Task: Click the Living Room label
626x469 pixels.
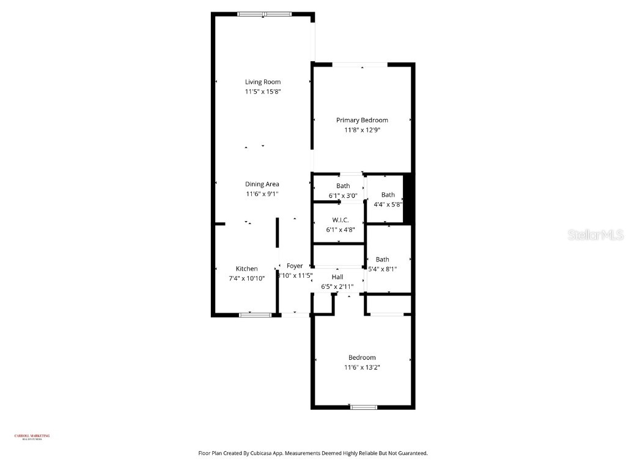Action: [263, 82]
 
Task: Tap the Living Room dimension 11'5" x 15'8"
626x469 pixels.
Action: [263, 92]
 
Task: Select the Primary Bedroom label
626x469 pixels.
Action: [362, 120]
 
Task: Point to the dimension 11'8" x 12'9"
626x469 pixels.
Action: [362, 130]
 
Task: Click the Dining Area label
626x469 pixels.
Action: [262, 184]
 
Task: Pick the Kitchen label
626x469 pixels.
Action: [247, 269]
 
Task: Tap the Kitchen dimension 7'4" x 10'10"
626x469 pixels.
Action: [247, 278]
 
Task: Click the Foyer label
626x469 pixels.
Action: [295, 266]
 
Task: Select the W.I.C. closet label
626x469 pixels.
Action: [341, 220]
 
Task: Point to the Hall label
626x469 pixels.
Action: [337, 277]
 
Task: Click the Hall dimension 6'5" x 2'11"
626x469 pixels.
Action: [337, 286]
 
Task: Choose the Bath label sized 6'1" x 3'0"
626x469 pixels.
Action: [343, 186]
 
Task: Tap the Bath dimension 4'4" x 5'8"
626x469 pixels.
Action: [388, 205]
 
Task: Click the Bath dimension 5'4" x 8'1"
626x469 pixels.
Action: [383, 269]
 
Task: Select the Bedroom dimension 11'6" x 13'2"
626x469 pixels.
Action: [362, 367]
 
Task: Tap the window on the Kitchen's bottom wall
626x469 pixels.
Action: [255, 314]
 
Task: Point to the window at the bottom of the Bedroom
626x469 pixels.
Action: [360, 407]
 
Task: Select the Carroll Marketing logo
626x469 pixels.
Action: [32, 437]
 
